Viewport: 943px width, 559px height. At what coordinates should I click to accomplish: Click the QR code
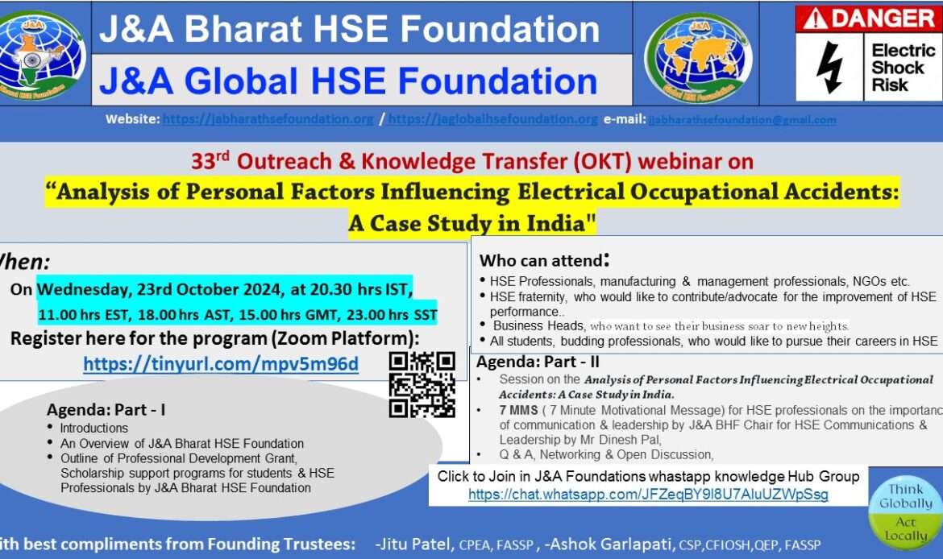[x=422, y=384]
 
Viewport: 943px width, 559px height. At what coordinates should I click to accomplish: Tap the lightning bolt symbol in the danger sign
[x=829, y=68]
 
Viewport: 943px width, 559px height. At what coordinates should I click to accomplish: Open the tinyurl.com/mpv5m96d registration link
[x=221, y=364]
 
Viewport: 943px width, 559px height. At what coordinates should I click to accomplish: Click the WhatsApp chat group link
[x=648, y=494]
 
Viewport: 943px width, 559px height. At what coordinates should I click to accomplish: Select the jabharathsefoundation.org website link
[x=268, y=119]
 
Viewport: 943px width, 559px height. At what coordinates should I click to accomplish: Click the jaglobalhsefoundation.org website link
[x=493, y=119]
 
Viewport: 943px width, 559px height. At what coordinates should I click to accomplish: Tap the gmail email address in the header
[x=742, y=120]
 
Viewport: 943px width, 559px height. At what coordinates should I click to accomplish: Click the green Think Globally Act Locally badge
[x=906, y=511]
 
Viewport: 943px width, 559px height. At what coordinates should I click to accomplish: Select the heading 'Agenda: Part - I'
[x=106, y=410]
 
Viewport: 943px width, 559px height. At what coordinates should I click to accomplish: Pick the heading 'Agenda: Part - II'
[x=538, y=362]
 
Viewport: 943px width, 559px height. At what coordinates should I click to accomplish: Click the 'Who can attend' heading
[x=544, y=260]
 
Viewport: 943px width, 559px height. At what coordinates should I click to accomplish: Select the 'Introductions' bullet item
[x=93, y=428]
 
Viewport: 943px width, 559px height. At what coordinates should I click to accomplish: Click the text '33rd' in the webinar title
[x=210, y=161]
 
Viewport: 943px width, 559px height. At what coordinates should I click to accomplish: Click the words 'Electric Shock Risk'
[x=903, y=67]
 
